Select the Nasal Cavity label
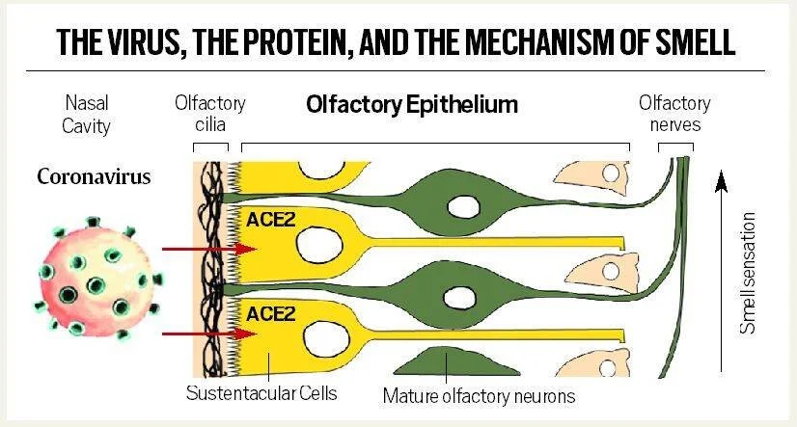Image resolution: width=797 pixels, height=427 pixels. pos(88,114)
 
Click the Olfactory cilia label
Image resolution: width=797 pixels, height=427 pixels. pos(210,114)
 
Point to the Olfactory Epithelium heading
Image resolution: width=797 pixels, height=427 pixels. pos(412,104)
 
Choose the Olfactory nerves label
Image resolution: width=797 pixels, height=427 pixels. pos(674,114)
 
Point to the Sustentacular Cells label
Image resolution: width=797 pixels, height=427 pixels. pos(261,393)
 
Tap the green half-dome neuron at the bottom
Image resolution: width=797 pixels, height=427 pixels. pos(447,362)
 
